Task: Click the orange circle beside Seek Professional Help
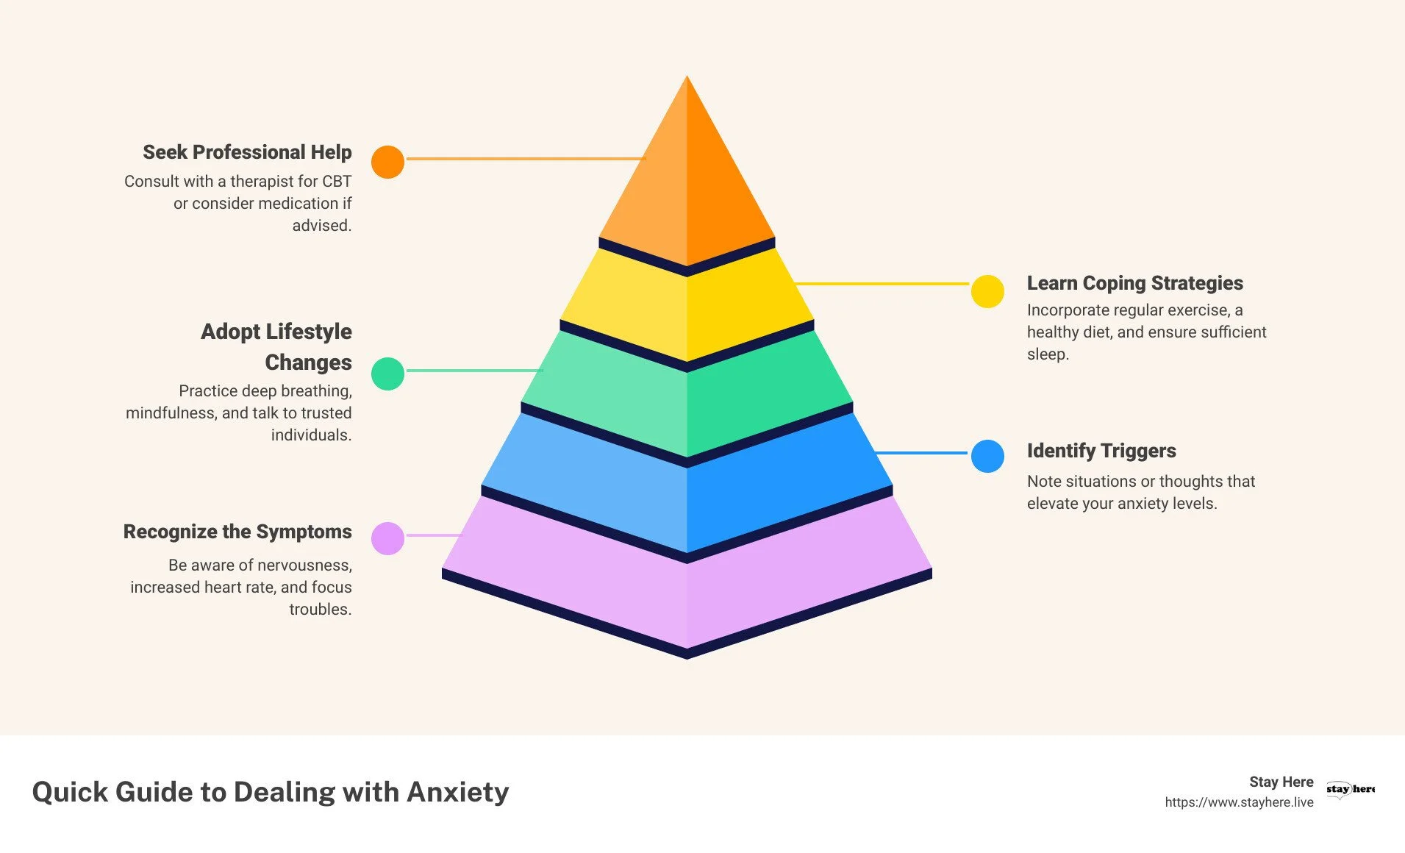[x=387, y=162]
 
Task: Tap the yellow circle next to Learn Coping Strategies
[x=987, y=291]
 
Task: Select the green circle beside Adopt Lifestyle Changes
[x=387, y=374]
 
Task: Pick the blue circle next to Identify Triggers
[x=987, y=456]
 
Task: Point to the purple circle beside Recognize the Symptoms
[x=387, y=538]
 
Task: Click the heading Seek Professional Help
[x=247, y=152]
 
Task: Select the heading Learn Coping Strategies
[x=1134, y=283]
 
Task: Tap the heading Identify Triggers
[x=1101, y=451]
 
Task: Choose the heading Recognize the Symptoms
[x=237, y=532]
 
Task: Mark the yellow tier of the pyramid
[x=687, y=309]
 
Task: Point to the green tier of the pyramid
[x=687, y=397]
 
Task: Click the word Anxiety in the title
[x=457, y=792]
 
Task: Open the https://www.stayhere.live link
[x=1239, y=802]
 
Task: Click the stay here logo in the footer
[x=1350, y=789]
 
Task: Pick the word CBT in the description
[x=337, y=182]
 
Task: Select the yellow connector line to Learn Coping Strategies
[x=882, y=283]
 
